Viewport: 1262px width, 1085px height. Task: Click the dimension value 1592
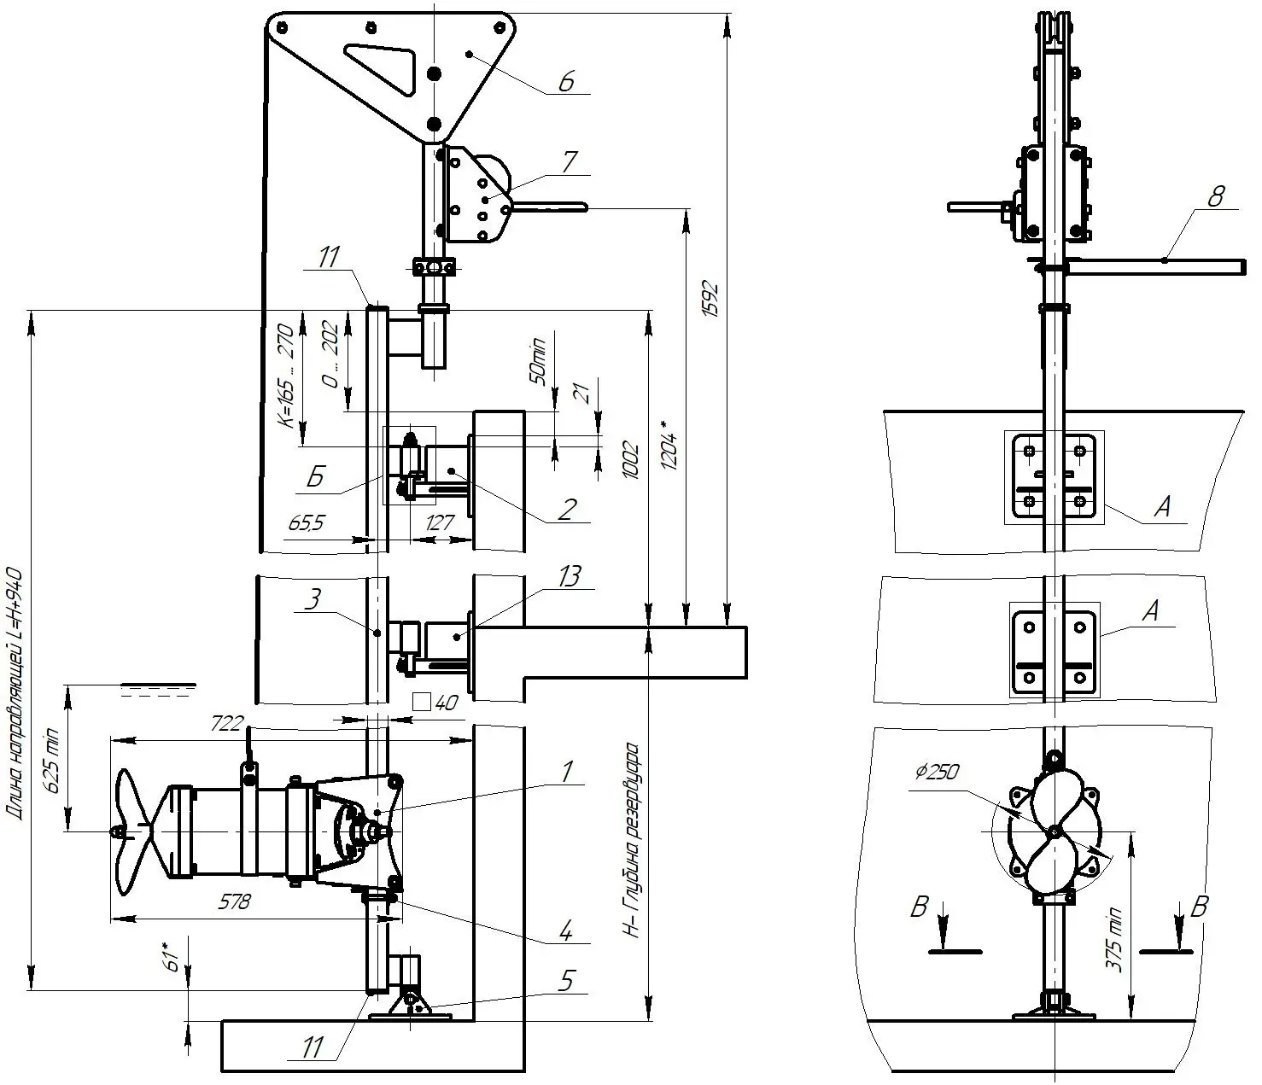[711, 299]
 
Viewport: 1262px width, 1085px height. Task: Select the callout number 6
[566, 81]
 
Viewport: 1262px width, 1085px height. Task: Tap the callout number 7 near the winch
[569, 162]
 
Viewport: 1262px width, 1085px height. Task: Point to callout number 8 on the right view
[1215, 196]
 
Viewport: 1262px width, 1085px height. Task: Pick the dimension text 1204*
[669, 444]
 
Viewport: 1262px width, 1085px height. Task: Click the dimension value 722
[226, 724]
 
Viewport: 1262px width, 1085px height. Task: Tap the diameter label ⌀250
[937, 773]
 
